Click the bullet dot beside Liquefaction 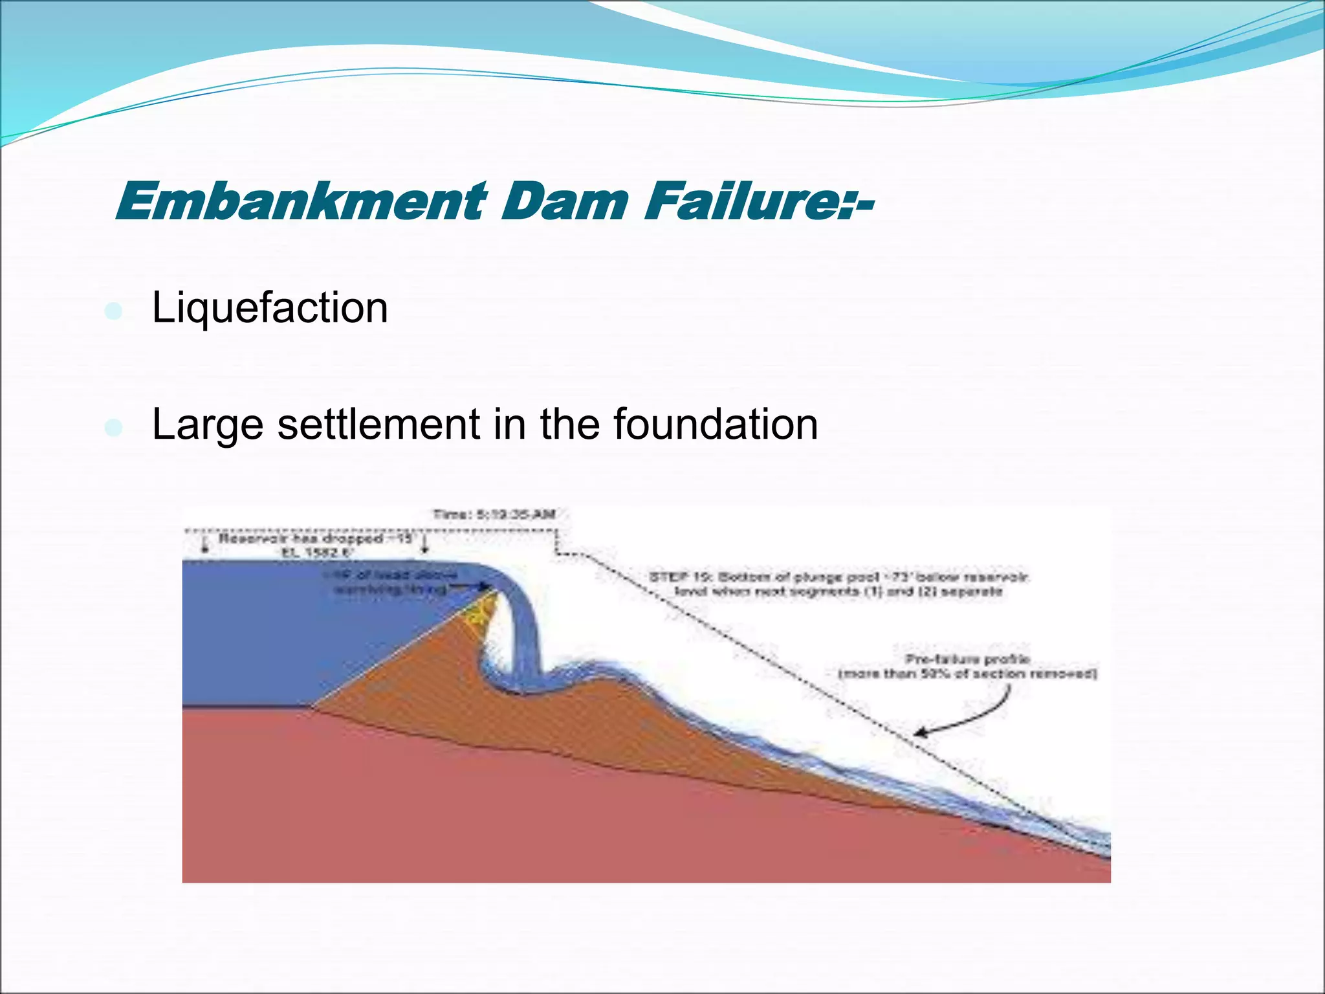pos(113,311)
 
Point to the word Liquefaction pos(270,308)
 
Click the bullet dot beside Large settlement pos(113,428)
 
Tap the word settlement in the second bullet pos(378,425)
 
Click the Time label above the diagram pos(494,514)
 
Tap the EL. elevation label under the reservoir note pos(317,553)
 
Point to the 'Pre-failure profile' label pos(967,659)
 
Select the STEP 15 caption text pos(838,584)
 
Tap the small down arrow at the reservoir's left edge pos(206,545)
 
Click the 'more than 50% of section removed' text pos(967,674)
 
